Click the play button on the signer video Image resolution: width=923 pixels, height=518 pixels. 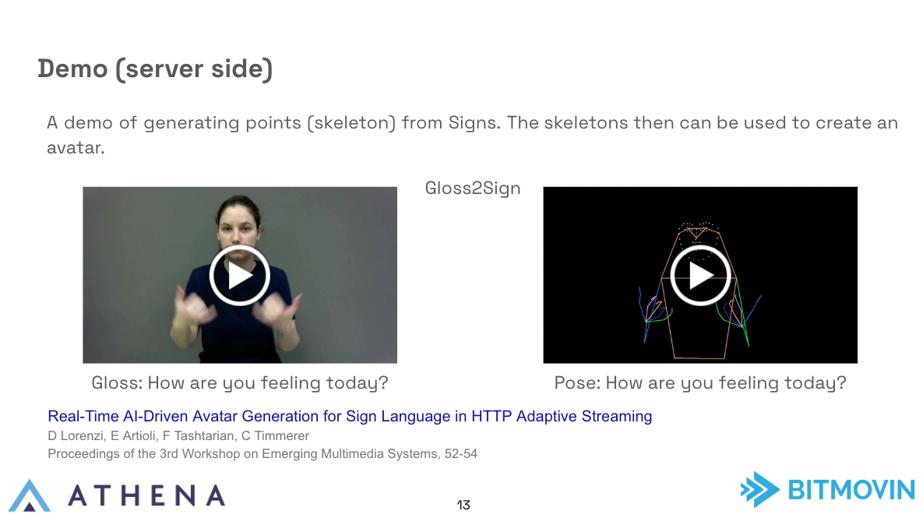click(x=240, y=276)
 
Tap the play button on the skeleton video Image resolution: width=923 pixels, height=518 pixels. click(x=700, y=276)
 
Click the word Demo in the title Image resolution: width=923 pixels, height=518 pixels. click(x=73, y=69)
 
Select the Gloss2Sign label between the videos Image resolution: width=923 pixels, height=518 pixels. click(x=473, y=189)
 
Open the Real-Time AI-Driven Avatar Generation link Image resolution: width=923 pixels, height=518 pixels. click(x=350, y=416)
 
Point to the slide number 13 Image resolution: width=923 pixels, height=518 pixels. click(x=463, y=505)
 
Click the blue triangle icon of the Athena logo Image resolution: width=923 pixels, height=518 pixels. click(x=30, y=495)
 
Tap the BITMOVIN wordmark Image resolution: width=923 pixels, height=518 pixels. click(x=851, y=490)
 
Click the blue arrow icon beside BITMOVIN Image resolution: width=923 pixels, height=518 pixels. click(x=760, y=489)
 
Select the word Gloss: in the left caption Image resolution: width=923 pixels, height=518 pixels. click(x=117, y=382)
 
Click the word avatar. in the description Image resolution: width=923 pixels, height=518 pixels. click(x=76, y=148)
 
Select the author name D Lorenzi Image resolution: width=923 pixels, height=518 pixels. click(x=76, y=435)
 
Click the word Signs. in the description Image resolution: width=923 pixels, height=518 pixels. click(x=474, y=122)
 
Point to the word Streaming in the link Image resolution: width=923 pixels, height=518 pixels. click(x=617, y=416)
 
